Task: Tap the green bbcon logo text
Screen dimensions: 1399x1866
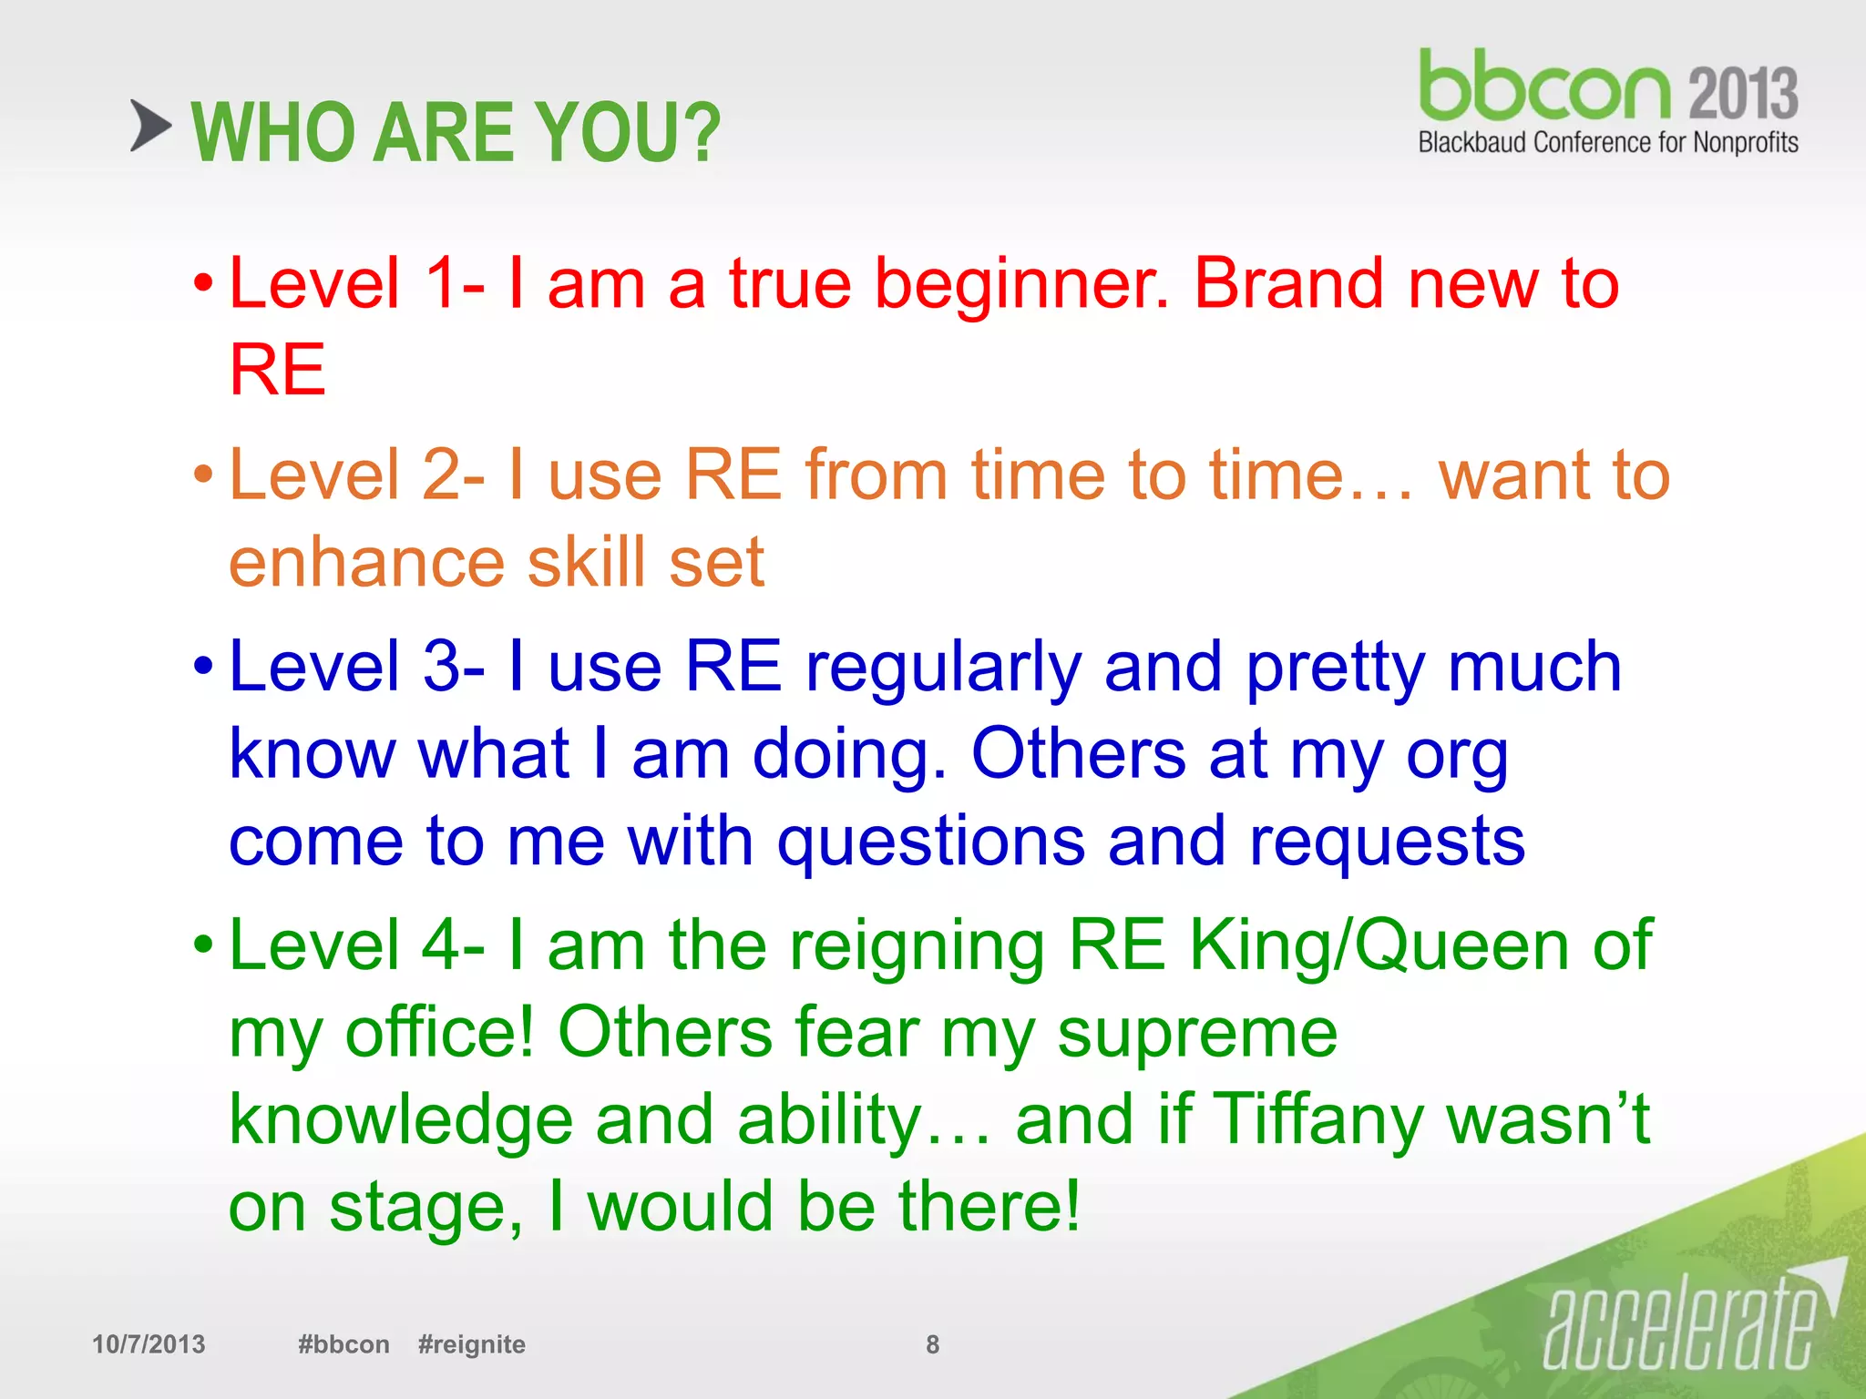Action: click(1543, 87)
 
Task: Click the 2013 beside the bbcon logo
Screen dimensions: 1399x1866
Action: click(1742, 93)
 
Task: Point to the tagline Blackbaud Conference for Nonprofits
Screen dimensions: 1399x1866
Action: click(1607, 143)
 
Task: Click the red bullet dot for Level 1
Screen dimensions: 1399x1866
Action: click(203, 284)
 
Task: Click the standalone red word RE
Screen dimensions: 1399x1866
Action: click(277, 370)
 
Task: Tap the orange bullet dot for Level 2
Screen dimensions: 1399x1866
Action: click(203, 475)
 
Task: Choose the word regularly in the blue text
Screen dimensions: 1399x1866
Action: click(943, 669)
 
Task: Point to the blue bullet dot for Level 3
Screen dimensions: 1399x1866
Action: click(203, 668)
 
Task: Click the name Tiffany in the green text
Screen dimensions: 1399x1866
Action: click(1318, 1120)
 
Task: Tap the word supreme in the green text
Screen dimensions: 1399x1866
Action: click(1196, 1035)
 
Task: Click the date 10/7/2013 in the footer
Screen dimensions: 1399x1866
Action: click(149, 1344)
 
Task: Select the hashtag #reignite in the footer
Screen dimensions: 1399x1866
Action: click(471, 1344)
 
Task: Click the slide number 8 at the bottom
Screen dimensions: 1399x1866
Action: click(932, 1344)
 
